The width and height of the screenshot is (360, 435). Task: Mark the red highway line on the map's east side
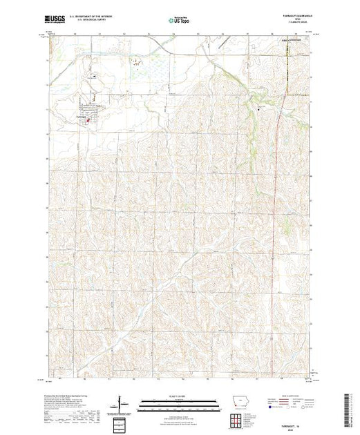277,173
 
